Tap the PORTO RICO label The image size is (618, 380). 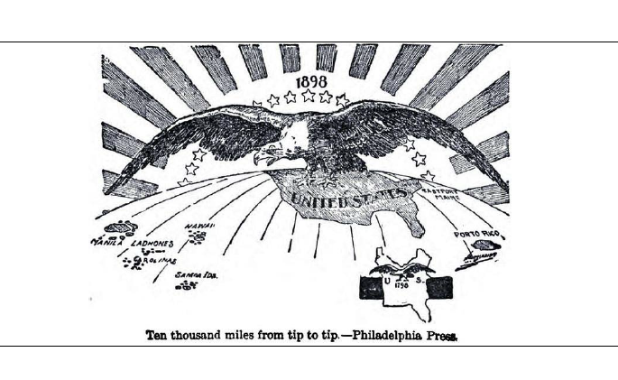point(477,236)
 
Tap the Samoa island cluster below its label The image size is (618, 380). point(188,285)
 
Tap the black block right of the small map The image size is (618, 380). point(439,287)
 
